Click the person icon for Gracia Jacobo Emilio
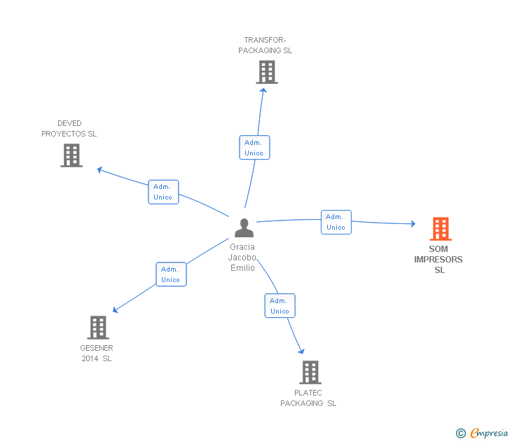pyautogui.click(x=244, y=228)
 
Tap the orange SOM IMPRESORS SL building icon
pyautogui.click(x=440, y=228)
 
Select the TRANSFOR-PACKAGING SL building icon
pyautogui.click(x=266, y=72)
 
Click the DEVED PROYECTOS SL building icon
pyautogui.click(x=71, y=155)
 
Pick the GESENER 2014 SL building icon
pyautogui.click(x=98, y=327)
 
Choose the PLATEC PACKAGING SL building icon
pyautogui.click(x=310, y=372)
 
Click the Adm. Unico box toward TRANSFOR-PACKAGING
pyautogui.click(x=254, y=148)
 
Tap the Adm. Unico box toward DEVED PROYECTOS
pyautogui.click(x=163, y=192)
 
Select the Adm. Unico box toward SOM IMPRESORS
pyautogui.click(x=336, y=222)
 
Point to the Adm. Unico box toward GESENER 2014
pyautogui.click(x=170, y=274)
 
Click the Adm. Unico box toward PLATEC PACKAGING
pyautogui.click(x=280, y=306)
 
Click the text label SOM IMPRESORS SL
pyautogui.click(x=439, y=260)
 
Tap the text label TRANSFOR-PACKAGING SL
pyautogui.click(x=265, y=45)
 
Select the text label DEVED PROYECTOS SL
pyautogui.click(x=69, y=129)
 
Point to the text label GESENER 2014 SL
pyautogui.click(x=97, y=353)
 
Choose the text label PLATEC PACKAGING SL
pyautogui.click(x=308, y=398)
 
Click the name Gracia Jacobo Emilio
pyautogui.click(x=242, y=258)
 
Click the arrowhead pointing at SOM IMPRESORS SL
pyautogui.click(x=413, y=224)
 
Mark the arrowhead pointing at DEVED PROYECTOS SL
pyautogui.click(x=100, y=169)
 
